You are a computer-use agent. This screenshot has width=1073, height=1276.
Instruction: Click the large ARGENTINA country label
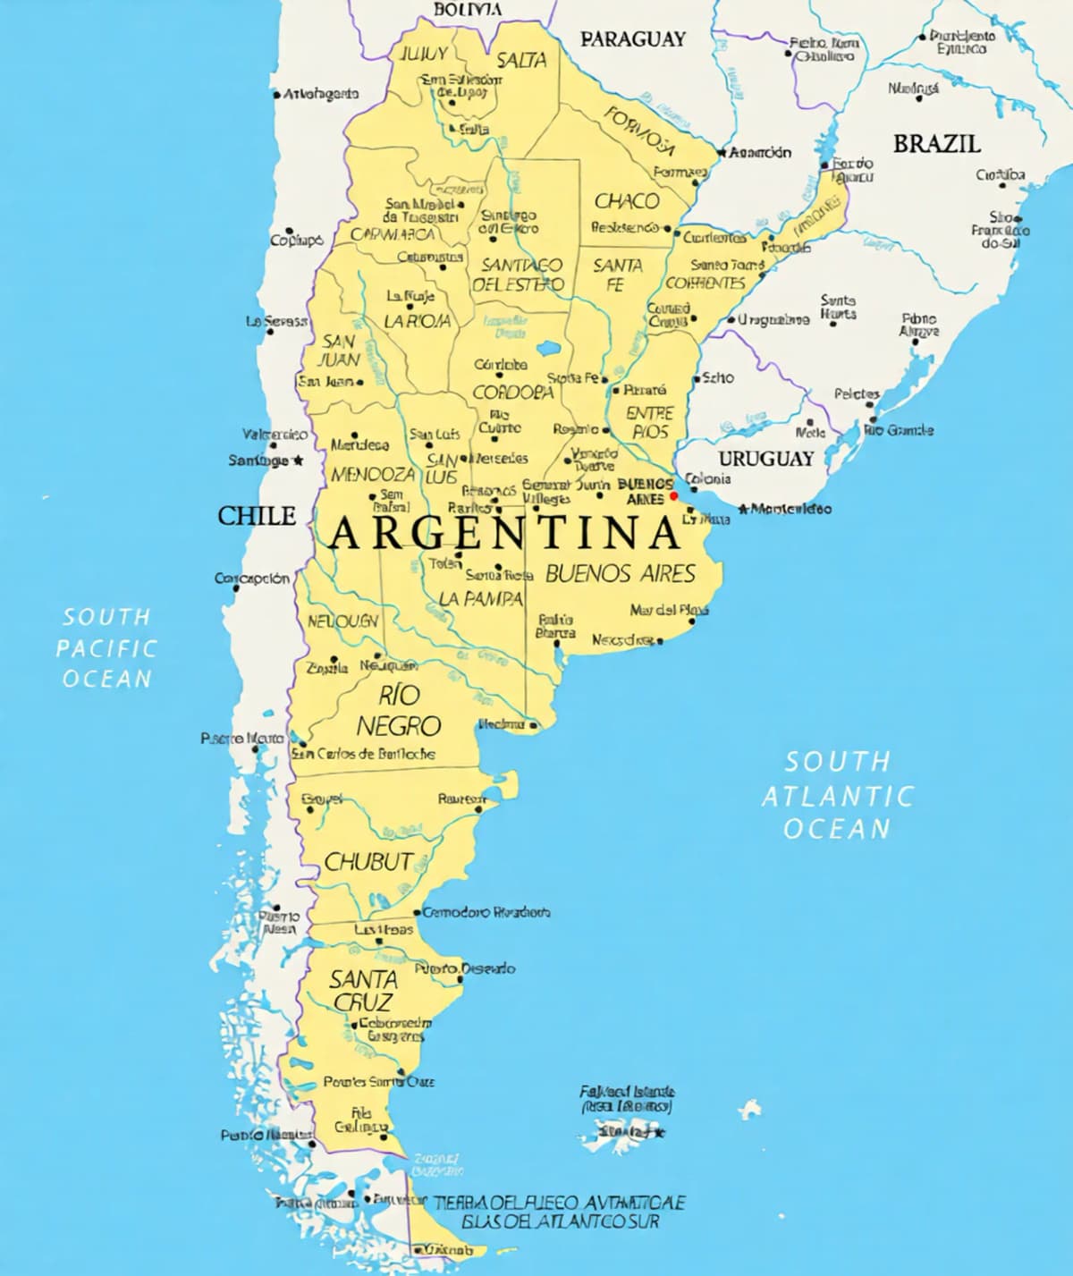click(504, 534)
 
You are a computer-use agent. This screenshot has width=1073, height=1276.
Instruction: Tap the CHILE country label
click(257, 515)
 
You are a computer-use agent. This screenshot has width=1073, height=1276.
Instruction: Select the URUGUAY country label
click(766, 459)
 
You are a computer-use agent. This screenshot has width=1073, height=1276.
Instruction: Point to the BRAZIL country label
click(936, 143)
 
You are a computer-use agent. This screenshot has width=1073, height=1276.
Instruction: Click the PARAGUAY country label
click(633, 38)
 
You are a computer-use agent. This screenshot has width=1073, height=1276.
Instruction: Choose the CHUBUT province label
click(368, 861)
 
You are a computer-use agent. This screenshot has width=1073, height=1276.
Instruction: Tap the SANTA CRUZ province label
click(363, 990)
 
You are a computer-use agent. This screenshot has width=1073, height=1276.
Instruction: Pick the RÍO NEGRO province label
click(399, 710)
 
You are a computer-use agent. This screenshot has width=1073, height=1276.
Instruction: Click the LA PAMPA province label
click(481, 598)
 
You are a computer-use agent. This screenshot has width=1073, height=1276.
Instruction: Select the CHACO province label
click(627, 200)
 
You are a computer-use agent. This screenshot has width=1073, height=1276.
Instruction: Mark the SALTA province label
click(521, 60)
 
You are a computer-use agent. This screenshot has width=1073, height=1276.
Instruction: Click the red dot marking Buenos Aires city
click(674, 496)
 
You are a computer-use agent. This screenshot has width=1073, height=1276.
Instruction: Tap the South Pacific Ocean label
click(106, 647)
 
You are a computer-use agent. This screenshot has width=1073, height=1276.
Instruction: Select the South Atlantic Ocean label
click(838, 795)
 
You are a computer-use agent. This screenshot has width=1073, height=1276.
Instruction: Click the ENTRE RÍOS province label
click(650, 421)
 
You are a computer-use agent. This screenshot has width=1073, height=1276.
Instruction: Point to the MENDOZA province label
click(373, 474)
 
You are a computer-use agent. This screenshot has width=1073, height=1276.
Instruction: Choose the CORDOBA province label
click(513, 392)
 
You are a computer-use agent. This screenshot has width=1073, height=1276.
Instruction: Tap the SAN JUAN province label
click(340, 350)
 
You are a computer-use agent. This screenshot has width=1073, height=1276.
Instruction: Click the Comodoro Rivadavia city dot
click(417, 913)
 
